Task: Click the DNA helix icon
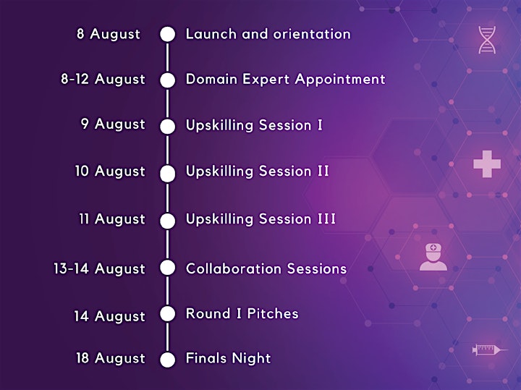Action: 487,40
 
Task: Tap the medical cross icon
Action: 487,164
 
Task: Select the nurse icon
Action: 433,257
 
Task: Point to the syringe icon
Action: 490,349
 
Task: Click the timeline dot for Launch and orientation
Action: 167,34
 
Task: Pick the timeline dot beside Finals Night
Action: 167,360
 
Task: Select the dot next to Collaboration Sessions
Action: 167,268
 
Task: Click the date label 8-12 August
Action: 103,80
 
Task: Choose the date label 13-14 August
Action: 99,269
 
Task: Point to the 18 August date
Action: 111,359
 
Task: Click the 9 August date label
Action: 113,124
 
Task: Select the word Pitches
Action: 273,313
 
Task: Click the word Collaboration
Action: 234,268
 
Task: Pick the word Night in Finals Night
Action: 251,358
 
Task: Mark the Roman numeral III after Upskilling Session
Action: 327,219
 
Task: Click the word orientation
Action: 312,34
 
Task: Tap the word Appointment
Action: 340,80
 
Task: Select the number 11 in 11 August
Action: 84,219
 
